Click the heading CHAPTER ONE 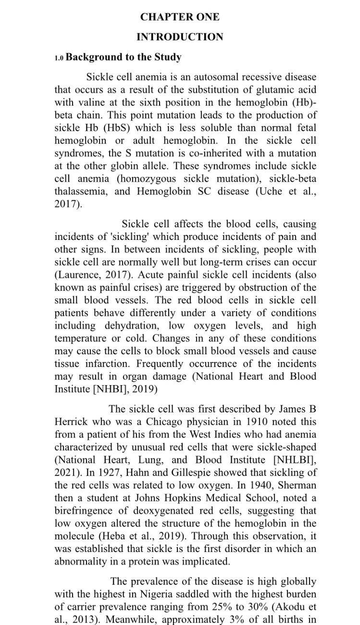[180, 17]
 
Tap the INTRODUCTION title [180, 37]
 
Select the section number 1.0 [59, 58]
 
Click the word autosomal [214, 77]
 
